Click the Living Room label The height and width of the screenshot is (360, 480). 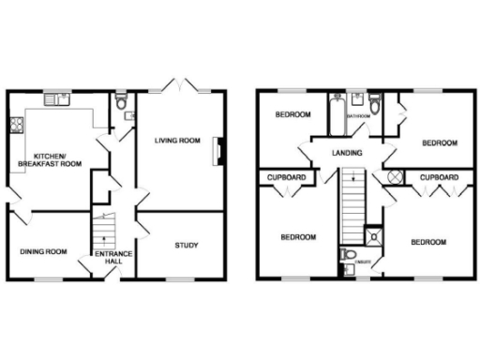178,141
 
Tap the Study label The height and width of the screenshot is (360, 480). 186,246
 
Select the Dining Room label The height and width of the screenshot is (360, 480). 44,251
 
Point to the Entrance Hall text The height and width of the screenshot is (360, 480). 113,258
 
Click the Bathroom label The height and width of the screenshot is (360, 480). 358,116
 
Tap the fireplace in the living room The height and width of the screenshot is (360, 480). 219,148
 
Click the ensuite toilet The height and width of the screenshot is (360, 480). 348,255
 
